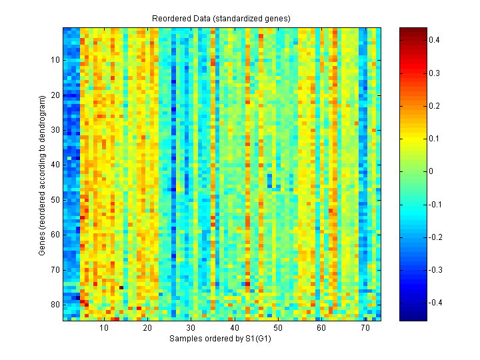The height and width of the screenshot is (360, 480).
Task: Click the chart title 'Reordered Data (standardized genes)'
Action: pyautogui.click(x=222, y=17)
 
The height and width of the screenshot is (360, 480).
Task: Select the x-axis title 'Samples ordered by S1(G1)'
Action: pyautogui.click(x=222, y=339)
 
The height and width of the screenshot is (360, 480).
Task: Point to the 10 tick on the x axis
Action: pyautogui.click(x=104, y=329)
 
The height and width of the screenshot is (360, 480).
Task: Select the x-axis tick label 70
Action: pyautogui.click(x=365, y=329)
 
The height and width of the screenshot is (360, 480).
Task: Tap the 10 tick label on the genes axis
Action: pyautogui.click(x=55, y=60)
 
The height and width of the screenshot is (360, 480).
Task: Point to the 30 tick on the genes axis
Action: pyautogui.click(x=55, y=130)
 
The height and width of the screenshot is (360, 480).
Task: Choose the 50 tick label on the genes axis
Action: pyautogui.click(x=55, y=200)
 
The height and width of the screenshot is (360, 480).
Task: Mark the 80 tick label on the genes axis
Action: pyautogui.click(x=55, y=305)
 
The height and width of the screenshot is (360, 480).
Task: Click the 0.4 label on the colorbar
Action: pyautogui.click(x=433, y=41)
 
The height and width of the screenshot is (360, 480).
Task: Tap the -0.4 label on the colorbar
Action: pyautogui.click(x=435, y=303)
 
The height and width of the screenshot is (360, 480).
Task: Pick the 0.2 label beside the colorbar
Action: pyautogui.click(x=433, y=106)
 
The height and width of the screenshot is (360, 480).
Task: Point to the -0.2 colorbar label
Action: pyautogui.click(x=435, y=237)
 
